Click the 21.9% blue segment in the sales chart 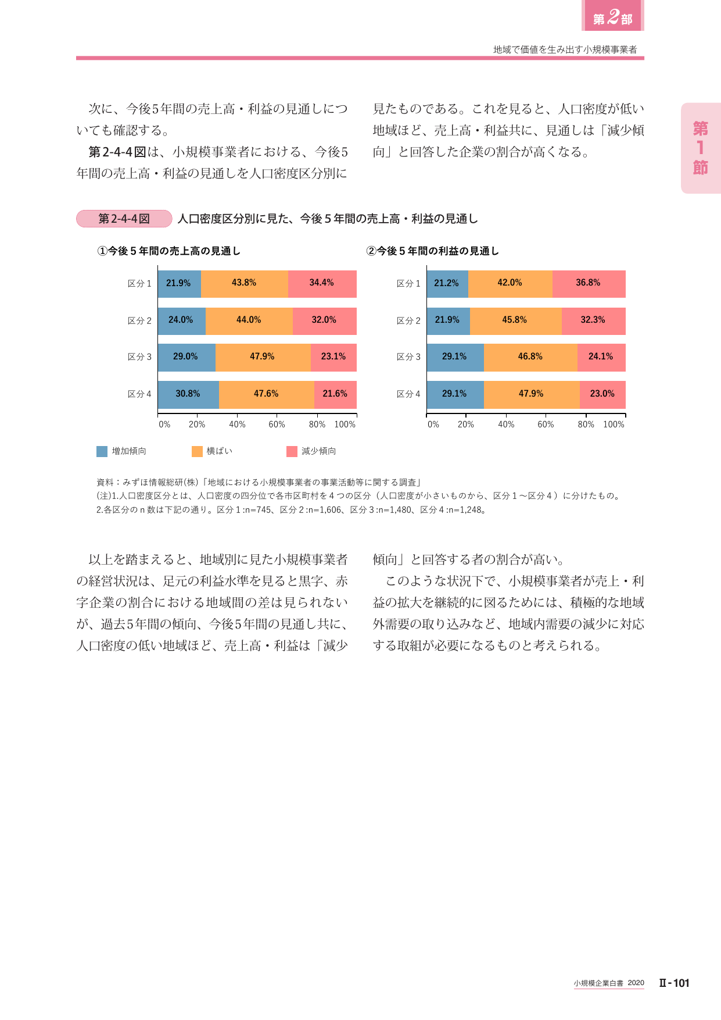[180, 284]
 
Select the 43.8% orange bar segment [245, 284]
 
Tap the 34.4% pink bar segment [322, 284]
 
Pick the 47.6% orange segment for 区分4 [267, 395]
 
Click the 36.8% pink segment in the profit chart [589, 284]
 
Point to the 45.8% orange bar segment [516, 321]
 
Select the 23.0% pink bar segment [602, 395]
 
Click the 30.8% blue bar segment [188, 395]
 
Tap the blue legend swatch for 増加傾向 [102, 451]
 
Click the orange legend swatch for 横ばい [197, 451]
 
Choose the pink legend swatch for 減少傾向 [292, 451]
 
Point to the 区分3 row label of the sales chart [139, 357]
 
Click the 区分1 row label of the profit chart [408, 284]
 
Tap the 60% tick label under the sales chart [277, 425]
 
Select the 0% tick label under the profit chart [433, 425]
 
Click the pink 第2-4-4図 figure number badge [124, 219]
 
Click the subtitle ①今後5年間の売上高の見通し [168, 251]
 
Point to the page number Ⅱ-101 [674, 983]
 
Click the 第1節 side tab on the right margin [701, 148]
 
